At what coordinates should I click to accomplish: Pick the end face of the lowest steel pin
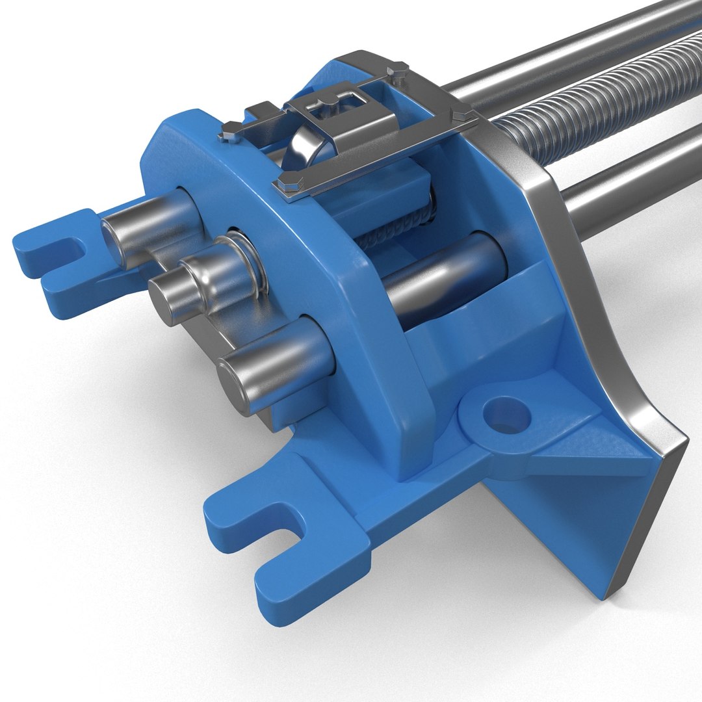coord(234,387)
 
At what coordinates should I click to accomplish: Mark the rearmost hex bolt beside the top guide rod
coord(396,68)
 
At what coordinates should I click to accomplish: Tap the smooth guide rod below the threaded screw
coord(624,188)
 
